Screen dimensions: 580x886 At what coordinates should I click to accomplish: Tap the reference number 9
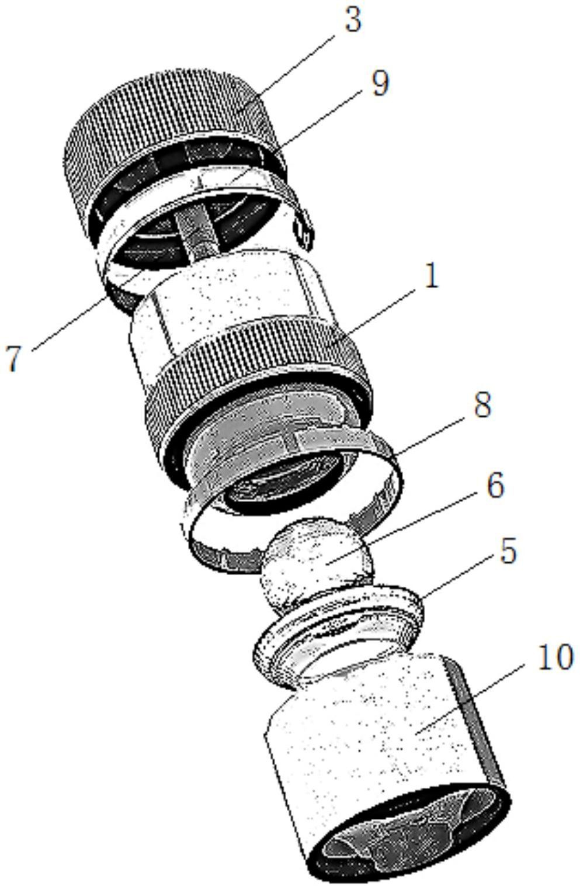pos(380,83)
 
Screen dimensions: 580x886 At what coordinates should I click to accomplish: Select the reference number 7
pos(13,358)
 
